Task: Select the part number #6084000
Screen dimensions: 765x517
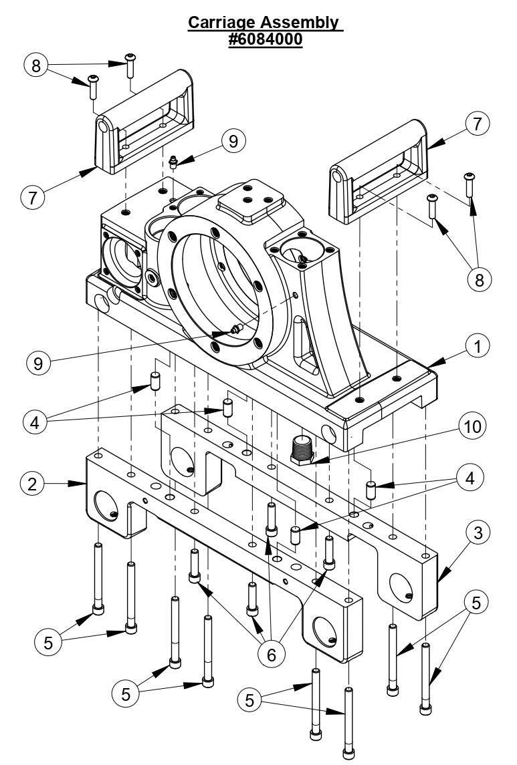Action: coord(266,39)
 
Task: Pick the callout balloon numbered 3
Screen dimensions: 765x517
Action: coord(478,532)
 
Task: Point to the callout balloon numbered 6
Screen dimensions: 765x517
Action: coord(271,654)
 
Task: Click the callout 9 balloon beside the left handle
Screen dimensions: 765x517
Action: coord(232,141)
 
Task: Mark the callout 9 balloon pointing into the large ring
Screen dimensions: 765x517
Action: coord(39,362)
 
